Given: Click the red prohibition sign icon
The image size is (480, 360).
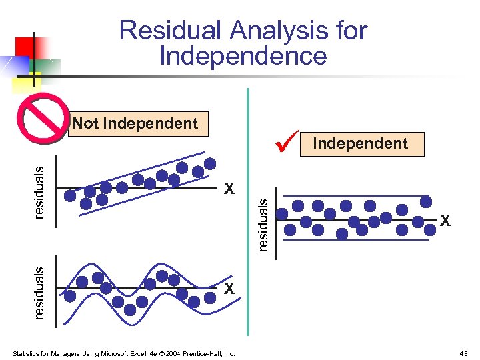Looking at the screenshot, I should [x=43, y=118].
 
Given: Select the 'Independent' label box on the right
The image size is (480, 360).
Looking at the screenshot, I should [x=361, y=144].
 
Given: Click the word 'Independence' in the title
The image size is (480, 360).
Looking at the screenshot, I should [x=243, y=56].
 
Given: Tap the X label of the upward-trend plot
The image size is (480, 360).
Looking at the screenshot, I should [x=229, y=189].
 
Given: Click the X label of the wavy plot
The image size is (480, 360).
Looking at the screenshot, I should [x=229, y=289].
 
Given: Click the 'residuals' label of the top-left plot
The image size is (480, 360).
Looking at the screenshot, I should [x=39, y=192].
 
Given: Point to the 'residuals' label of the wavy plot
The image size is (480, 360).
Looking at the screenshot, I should [x=39, y=292].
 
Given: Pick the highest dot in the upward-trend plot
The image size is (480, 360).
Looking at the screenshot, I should [x=210, y=163].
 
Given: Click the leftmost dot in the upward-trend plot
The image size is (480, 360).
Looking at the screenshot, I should [x=70, y=195].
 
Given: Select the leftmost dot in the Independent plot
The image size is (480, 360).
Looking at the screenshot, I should [x=283, y=214].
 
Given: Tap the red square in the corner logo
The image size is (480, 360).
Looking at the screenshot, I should [x=25, y=46].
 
